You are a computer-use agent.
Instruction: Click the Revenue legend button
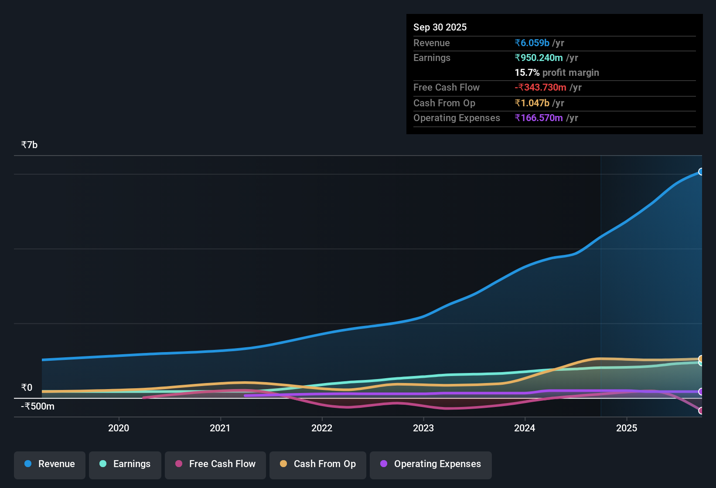tap(50, 464)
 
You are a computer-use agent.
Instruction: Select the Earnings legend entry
tap(125, 464)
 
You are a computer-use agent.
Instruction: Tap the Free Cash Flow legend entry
tap(215, 464)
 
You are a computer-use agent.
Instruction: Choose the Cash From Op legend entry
tap(318, 464)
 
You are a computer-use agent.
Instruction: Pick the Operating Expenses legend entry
tap(431, 464)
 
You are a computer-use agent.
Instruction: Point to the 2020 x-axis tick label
tap(119, 428)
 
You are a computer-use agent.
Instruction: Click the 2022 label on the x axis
tap(322, 428)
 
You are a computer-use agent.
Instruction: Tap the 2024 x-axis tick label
tap(525, 428)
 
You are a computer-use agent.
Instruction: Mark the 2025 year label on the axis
tap(627, 428)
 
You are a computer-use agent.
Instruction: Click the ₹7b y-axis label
tap(30, 145)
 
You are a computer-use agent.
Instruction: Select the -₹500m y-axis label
tap(38, 407)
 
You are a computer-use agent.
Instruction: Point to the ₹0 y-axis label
tap(27, 388)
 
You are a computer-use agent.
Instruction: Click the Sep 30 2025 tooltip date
tap(440, 27)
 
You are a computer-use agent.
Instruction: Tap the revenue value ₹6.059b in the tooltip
tap(532, 43)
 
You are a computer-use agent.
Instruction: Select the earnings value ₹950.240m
tap(539, 58)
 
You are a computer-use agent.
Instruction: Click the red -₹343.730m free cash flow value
tap(541, 88)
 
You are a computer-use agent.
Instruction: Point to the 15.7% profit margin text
tap(557, 73)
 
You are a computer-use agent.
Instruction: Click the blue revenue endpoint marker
tap(701, 172)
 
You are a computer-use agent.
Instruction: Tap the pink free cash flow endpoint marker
tap(701, 410)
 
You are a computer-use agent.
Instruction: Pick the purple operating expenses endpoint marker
tap(701, 392)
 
